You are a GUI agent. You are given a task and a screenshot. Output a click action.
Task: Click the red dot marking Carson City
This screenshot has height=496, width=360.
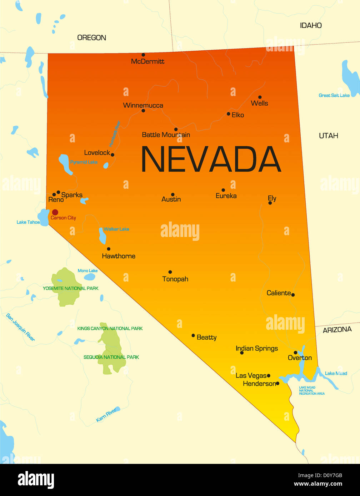(x=55, y=212)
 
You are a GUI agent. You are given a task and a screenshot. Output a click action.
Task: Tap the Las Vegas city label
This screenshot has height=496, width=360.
(x=251, y=375)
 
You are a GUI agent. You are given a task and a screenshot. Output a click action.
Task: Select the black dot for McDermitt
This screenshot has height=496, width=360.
(x=143, y=55)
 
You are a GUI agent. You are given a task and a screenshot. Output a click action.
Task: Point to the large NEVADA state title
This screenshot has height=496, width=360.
(x=211, y=160)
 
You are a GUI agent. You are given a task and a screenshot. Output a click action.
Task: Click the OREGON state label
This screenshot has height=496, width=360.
(x=92, y=37)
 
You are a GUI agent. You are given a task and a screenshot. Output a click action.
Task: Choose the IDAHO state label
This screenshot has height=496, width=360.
(x=311, y=25)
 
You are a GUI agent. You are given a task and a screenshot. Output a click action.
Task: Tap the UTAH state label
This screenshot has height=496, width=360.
(x=328, y=136)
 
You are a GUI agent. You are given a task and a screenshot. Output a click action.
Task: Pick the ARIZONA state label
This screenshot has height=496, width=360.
(x=337, y=330)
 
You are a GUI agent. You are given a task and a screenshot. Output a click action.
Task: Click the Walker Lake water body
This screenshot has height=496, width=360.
(x=102, y=236)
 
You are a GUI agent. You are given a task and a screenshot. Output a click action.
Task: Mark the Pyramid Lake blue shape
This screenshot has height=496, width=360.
(x=65, y=164)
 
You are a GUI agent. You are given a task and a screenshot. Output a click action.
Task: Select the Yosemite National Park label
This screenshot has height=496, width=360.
(x=71, y=288)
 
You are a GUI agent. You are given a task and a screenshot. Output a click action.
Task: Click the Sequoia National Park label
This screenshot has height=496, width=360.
(x=111, y=357)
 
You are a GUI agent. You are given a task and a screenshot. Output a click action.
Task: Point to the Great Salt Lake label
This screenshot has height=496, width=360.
(x=334, y=95)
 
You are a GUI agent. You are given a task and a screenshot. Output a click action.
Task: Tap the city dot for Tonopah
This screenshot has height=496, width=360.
(x=170, y=272)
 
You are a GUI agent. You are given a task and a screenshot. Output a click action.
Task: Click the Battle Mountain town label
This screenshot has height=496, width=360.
(x=166, y=135)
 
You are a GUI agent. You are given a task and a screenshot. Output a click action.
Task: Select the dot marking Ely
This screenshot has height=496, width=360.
(x=270, y=203)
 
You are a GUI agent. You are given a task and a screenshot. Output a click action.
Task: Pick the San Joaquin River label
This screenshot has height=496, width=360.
(x=20, y=327)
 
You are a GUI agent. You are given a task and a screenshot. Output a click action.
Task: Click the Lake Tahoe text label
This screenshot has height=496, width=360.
(x=28, y=222)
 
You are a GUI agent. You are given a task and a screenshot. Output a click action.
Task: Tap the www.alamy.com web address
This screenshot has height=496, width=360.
(x=318, y=484)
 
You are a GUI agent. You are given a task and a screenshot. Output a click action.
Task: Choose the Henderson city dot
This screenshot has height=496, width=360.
(x=277, y=383)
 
